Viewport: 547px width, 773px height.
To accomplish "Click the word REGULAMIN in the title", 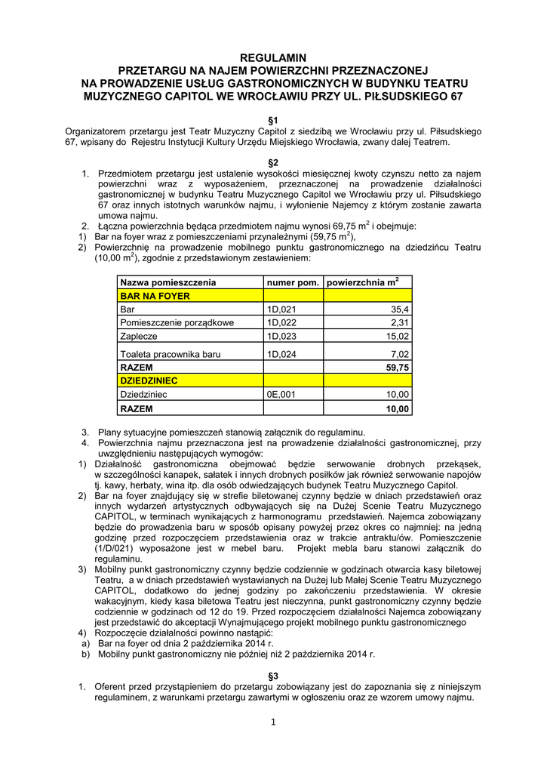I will point(274,57).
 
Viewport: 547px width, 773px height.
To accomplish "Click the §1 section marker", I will point(274,120).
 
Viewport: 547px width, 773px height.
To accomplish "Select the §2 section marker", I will point(274,162).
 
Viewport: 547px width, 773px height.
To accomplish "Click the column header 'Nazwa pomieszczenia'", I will point(168,282).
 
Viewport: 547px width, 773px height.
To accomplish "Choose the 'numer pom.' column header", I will point(293,282).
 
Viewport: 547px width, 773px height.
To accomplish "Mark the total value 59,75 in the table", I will point(397,367).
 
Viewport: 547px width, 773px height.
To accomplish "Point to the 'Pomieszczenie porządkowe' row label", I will point(177,323).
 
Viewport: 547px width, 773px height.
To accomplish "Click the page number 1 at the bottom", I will point(273,722).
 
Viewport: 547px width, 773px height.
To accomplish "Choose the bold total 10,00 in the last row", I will point(397,408).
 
